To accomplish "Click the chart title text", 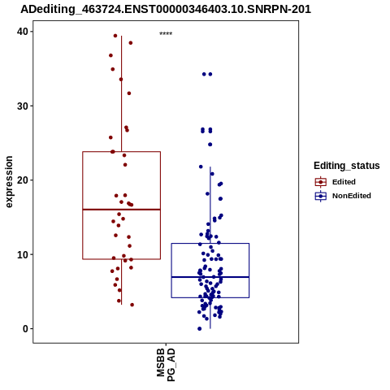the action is [x=166, y=9].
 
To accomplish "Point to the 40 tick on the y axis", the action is [x=23, y=32].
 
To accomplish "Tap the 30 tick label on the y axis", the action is [x=23, y=106].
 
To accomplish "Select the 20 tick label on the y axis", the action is [x=23, y=180].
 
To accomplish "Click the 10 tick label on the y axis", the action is [x=23, y=255].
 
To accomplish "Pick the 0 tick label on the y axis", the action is [x=25, y=329].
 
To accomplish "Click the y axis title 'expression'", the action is [x=9, y=182].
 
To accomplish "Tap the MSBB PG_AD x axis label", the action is [x=166, y=365].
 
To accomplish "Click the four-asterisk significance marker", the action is [x=166, y=34].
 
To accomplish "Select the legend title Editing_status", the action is [x=347, y=166].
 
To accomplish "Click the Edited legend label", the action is [x=344, y=182].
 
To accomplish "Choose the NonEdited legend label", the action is [x=352, y=196].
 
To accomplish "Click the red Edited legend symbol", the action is [x=321, y=182].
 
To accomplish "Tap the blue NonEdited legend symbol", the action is [x=321, y=196].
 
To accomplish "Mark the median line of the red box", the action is [x=122, y=210].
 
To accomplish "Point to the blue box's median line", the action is [x=210, y=277].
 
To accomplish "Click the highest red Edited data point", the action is [x=115, y=36].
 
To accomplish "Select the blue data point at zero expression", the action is [x=200, y=329].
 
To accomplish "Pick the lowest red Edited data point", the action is [x=132, y=305].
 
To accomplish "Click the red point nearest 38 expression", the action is [x=131, y=43].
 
